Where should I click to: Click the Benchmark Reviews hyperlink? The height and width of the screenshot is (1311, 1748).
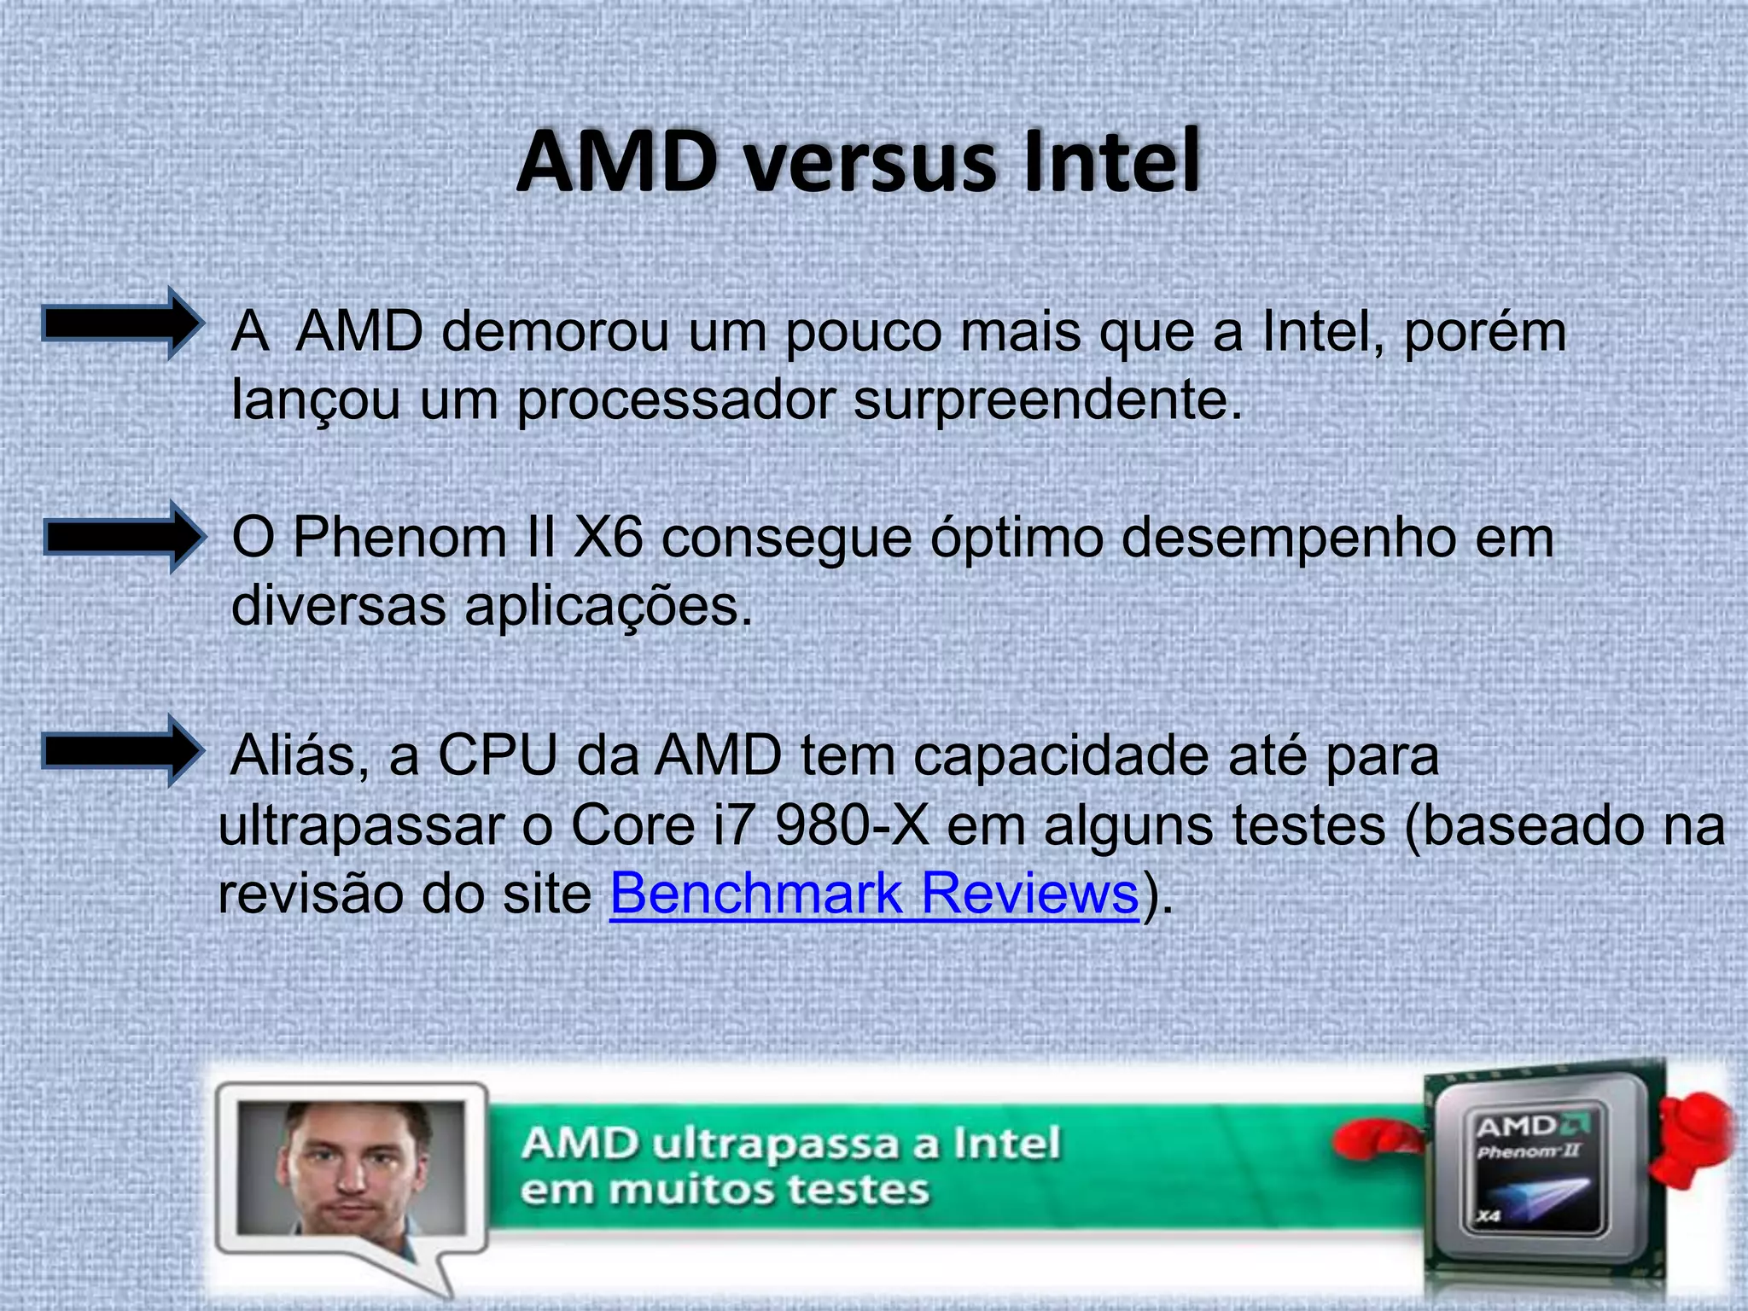pyautogui.click(x=874, y=894)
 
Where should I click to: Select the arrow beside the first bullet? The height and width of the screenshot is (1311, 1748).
pyautogui.click(x=123, y=323)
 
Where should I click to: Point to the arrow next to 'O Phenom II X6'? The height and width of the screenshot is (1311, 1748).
pyautogui.click(x=125, y=537)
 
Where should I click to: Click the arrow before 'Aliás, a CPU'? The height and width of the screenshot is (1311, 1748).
pyautogui.click(x=123, y=750)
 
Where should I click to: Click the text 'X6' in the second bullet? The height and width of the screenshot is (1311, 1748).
pyautogui.click(x=607, y=538)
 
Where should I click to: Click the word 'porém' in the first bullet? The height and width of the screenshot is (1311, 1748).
pyautogui.click(x=1484, y=332)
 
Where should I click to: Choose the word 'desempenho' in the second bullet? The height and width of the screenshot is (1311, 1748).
pyautogui.click(x=1287, y=539)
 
